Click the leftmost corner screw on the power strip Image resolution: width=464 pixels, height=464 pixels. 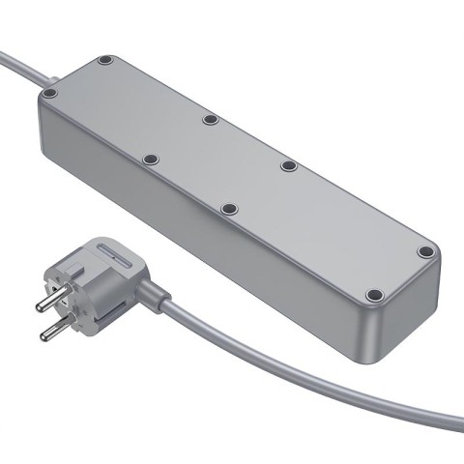coord(50,94)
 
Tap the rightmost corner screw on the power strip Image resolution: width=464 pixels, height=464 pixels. coord(424,252)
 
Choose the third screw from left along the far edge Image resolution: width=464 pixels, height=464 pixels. coord(288,166)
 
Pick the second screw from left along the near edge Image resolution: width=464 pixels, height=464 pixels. coord(149,159)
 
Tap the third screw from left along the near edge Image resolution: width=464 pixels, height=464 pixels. coord(228,208)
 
